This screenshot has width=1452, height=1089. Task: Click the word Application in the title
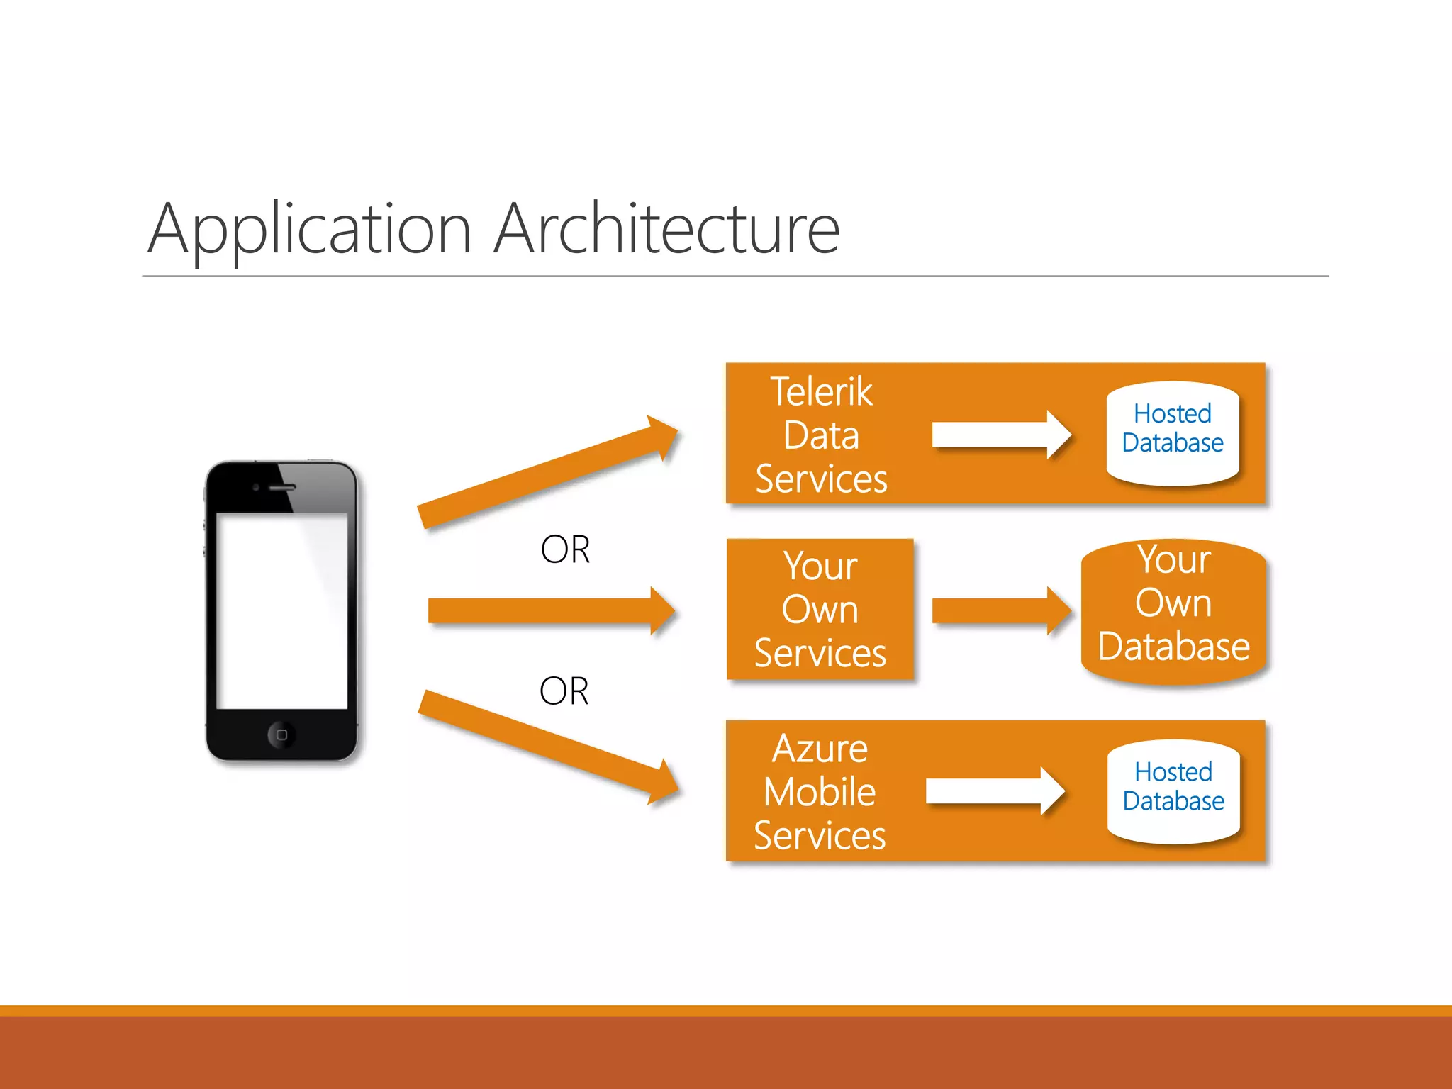(x=309, y=230)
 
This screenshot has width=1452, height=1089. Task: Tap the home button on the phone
(x=281, y=735)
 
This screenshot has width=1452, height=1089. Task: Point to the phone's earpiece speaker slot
(x=281, y=488)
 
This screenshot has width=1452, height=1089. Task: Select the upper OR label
(x=565, y=549)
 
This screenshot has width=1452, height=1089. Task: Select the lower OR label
(x=564, y=691)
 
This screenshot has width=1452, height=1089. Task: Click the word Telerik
(x=821, y=392)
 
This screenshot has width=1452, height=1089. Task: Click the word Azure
(x=820, y=749)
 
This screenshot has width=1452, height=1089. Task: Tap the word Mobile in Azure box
(x=820, y=792)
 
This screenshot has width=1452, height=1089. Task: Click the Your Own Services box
(x=820, y=610)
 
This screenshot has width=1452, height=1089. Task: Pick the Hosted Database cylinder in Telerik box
(x=1173, y=432)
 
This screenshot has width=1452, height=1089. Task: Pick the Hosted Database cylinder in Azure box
(x=1173, y=791)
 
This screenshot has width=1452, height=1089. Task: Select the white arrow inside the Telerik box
(x=1000, y=434)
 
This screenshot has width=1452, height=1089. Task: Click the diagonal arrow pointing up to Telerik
(x=546, y=473)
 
